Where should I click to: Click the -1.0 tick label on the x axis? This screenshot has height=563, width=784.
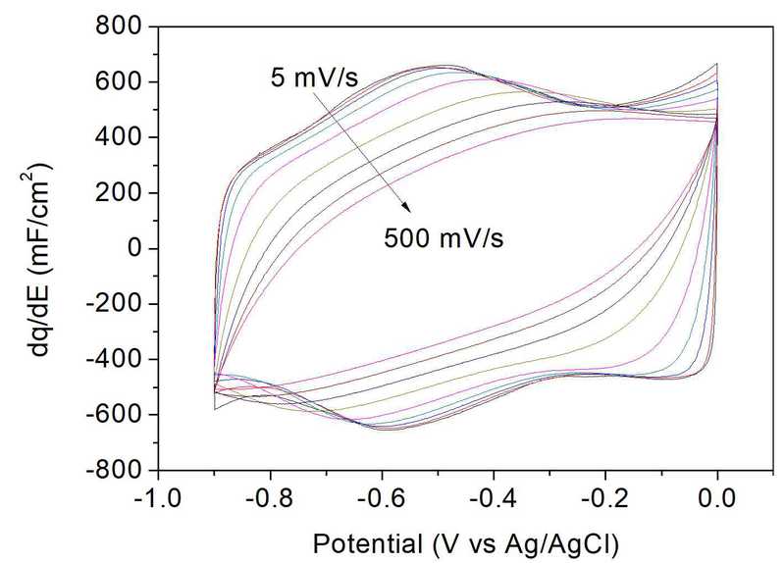(159, 496)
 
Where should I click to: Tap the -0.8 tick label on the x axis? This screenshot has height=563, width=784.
(271, 496)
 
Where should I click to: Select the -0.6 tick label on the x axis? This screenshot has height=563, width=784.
(383, 496)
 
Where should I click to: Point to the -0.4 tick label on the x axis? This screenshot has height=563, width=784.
(494, 496)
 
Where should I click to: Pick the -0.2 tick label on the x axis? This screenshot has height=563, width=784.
(605, 496)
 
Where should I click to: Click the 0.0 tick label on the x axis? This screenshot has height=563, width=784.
(717, 496)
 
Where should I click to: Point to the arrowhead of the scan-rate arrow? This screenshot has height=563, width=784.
(405, 208)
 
